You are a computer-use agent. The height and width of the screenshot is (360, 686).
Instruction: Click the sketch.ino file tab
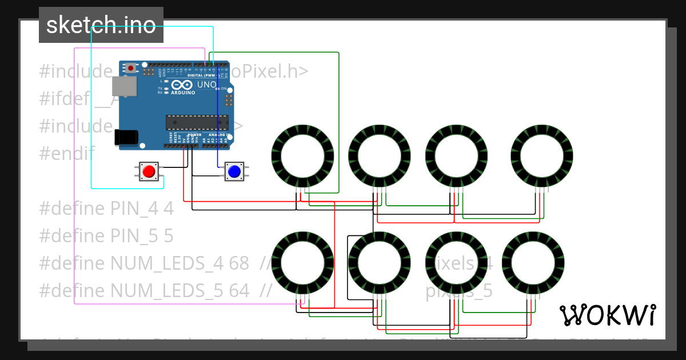coord(101,25)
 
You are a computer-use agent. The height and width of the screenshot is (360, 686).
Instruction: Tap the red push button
coord(149,171)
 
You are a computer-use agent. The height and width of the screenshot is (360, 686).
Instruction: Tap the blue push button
coord(233,171)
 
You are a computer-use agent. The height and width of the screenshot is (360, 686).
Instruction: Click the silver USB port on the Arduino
coord(124,86)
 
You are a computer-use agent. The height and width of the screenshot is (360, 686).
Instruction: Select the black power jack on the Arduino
coord(126,137)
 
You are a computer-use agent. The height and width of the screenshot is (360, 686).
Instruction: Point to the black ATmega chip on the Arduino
coord(197,122)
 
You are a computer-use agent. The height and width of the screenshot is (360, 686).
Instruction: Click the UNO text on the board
coord(206,85)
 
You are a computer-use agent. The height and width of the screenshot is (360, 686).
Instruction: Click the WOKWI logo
coord(607,315)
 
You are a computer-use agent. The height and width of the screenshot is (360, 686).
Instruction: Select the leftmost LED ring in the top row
coord(302,155)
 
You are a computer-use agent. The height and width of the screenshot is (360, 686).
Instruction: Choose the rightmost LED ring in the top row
coord(541,155)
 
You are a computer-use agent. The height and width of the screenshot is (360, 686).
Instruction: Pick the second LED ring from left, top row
coord(380,155)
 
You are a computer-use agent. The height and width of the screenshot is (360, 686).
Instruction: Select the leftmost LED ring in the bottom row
coord(302,263)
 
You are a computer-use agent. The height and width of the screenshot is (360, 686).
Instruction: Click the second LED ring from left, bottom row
coord(380,263)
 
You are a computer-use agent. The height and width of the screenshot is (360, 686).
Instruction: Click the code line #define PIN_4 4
coord(106,209)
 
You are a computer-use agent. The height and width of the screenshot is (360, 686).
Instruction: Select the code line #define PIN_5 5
coord(106,236)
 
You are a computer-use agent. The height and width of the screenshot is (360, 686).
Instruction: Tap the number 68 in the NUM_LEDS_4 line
coord(239,263)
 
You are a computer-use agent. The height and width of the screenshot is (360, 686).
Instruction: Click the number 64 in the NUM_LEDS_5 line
coord(239,291)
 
